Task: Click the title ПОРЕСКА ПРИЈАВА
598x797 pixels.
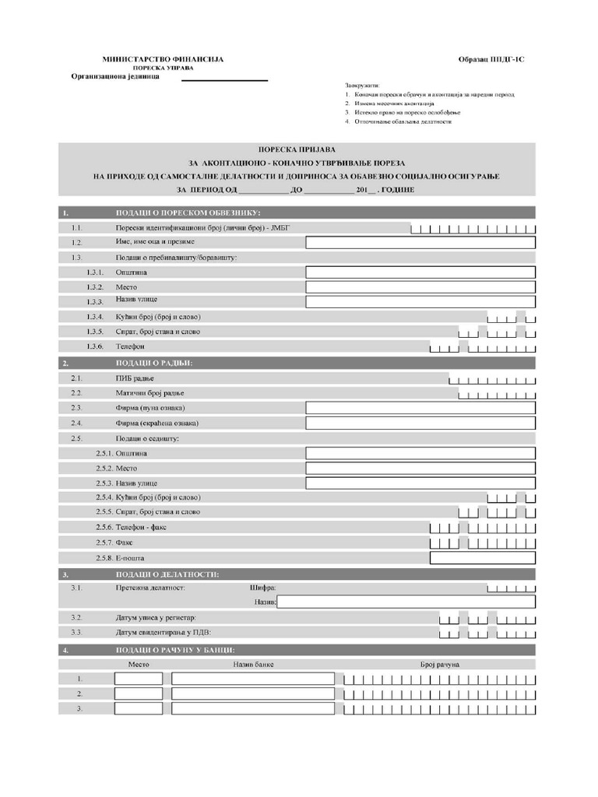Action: (297, 149)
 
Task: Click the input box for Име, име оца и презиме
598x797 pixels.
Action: (420, 242)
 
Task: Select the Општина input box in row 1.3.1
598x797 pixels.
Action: (420, 272)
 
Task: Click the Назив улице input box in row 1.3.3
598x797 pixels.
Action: (420, 302)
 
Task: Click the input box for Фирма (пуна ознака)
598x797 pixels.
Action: (420, 408)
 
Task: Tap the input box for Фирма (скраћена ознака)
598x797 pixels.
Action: (420, 423)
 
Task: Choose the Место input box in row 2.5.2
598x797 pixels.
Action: (420, 469)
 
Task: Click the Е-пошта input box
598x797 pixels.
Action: (483, 558)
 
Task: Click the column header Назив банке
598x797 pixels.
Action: (253, 664)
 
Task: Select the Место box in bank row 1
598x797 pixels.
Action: (139, 679)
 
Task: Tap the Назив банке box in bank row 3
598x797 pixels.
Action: (253, 709)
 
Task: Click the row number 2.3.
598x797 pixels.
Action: (76, 408)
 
